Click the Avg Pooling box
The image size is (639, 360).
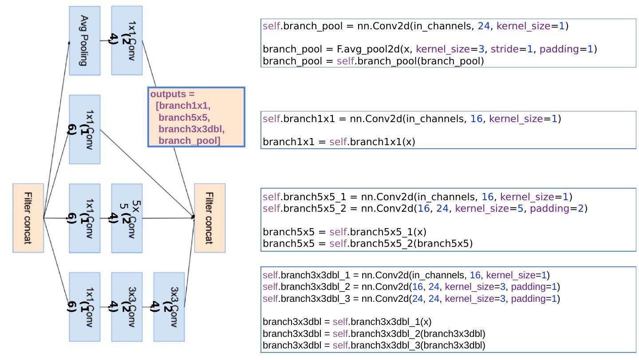click(x=84, y=40)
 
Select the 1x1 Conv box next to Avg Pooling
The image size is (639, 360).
click(x=127, y=40)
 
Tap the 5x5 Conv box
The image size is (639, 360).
click(x=127, y=218)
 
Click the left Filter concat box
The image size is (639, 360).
click(x=28, y=218)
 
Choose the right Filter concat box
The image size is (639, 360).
click(x=210, y=218)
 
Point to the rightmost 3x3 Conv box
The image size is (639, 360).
click(x=169, y=307)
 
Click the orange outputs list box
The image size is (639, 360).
click(x=196, y=117)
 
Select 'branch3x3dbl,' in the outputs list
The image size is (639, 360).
click(x=191, y=129)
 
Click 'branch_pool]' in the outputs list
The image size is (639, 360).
click(x=189, y=141)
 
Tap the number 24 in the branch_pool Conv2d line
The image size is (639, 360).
click(x=484, y=26)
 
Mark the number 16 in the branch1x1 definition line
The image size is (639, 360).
click(x=476, y=119)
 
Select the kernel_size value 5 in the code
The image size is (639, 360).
click(x=520, y=208)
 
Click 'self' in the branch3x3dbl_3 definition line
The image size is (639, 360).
click(x=271, y=298)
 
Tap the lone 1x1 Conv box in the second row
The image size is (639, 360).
click(x=85, y=130)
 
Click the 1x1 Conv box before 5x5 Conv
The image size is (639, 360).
click(x=85, y=218)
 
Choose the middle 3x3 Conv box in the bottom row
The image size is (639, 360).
click(x=127, y=307)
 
